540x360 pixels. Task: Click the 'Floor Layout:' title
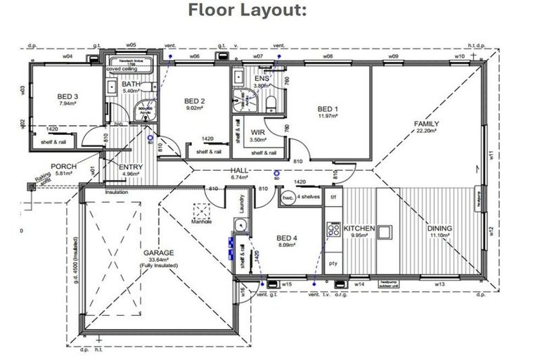[247, 11]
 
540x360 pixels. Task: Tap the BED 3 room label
[67, 97]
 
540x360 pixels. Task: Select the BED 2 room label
[193, 101]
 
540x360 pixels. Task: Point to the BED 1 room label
[328, 109]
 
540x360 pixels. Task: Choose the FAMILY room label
[426, 124]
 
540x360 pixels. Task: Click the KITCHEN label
[359, 229]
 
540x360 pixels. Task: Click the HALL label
[240, 171]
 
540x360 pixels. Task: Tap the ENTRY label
[131, 167]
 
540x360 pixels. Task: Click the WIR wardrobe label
[257, 131]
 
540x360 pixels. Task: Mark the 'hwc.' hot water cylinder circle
[287, 198]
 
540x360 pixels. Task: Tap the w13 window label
[439, 284]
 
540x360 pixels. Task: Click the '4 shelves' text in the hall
[309, 198]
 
